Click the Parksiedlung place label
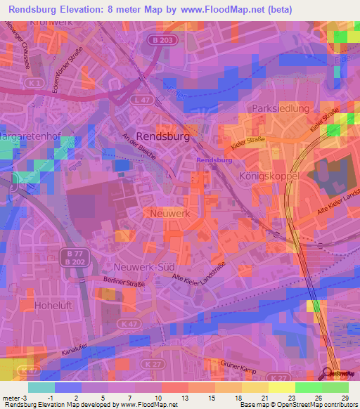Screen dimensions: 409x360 281,109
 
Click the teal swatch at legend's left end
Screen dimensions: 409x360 41,387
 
